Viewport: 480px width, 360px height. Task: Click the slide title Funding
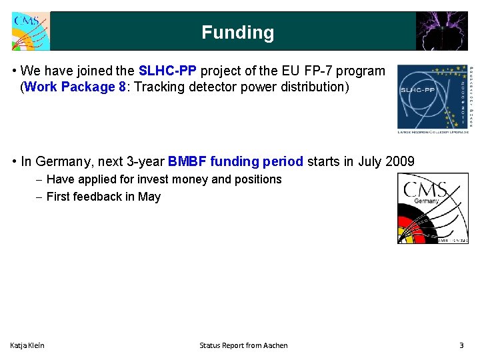237,33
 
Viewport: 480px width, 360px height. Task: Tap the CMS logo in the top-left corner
30,31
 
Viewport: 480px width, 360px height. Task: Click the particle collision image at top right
442,31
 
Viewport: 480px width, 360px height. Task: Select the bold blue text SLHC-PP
167,71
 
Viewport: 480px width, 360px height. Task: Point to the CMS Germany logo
433,209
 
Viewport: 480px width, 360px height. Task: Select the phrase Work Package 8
75,87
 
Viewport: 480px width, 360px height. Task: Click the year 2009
400,161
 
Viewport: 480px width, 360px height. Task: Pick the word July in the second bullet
369,161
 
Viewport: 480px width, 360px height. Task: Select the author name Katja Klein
27,345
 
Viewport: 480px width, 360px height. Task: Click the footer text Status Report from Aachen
243,345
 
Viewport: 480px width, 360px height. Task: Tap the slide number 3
461,345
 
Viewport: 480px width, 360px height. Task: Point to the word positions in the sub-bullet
258,179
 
